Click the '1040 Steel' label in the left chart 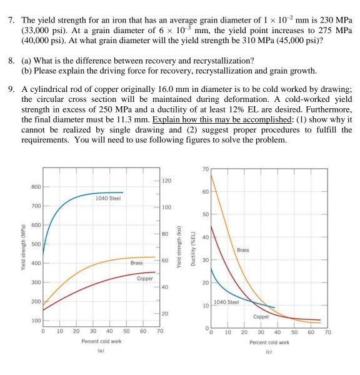[x=107, y=198]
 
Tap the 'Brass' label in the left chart [x=137, y=262]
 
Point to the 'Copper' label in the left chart [x=145, y=277]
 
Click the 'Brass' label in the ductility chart [x=244, y=250]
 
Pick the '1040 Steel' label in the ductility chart [x=226, y=302]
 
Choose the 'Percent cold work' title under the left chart [x=101, y=341]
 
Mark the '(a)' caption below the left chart [x=101, y=351]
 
